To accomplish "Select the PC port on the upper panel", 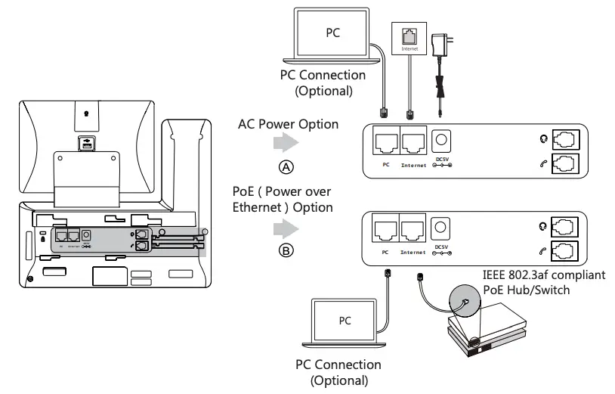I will pyautogui.click(x=385, y=141).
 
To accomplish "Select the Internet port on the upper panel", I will pyautogui.click(x=413, y=141).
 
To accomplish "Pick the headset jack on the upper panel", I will pyautogui.click(x=565, y=139).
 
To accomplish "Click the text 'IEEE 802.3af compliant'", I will pyautogui.click(x=544, y=275).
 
